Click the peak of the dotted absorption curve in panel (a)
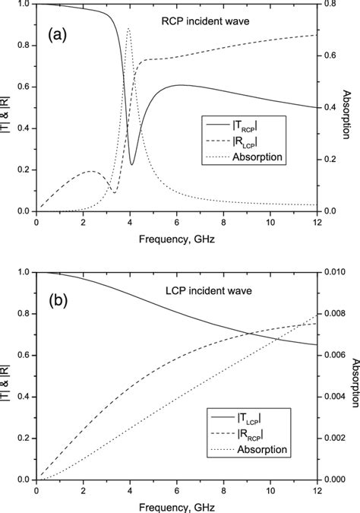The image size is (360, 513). pyautogui.click(x=128, y=29)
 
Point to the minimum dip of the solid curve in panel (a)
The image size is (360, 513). pyautogui.click(x=132, y=164)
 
